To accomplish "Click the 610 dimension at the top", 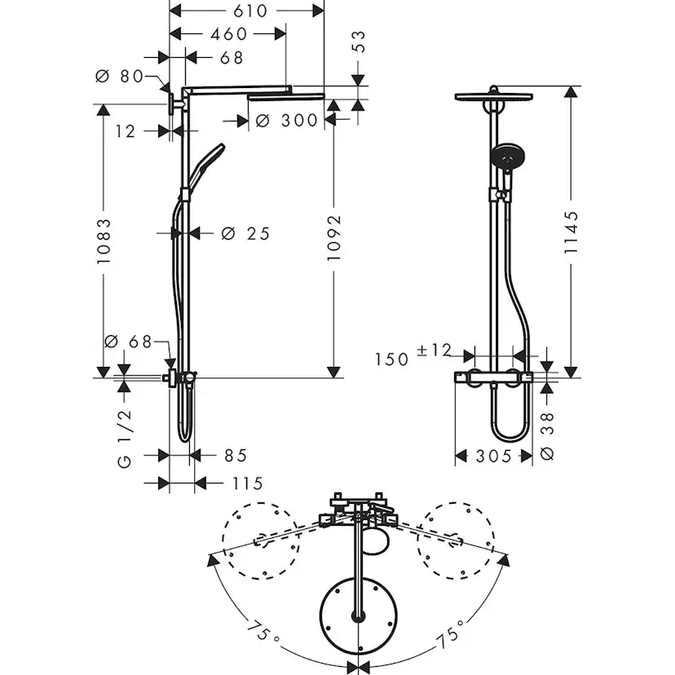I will point(250,11).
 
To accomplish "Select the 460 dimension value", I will point(228,33).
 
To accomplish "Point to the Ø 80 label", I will point(118,77).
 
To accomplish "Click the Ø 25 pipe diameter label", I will point(245,234).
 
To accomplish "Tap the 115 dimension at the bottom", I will point(247,483).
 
